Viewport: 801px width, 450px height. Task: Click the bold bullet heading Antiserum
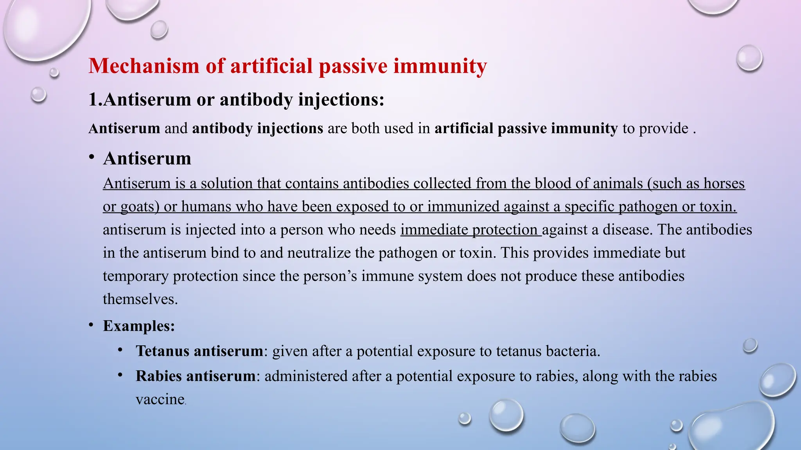pos(147,159)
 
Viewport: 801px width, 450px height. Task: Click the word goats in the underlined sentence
pos(137,207)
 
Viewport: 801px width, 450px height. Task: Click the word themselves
pos(140,299)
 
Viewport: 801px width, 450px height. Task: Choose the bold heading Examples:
pos(139,326)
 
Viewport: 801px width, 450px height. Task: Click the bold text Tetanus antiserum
pos(199,351)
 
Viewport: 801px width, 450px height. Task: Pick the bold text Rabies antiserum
pos(196,376)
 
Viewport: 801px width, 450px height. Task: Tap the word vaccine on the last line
pos(160,399)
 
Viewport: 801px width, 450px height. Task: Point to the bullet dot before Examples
pos(91,325)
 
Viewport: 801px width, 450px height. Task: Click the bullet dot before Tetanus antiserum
pos(120,350)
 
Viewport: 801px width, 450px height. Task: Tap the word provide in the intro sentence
pos(663,129)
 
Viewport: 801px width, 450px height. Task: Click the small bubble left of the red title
pos(54,72)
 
